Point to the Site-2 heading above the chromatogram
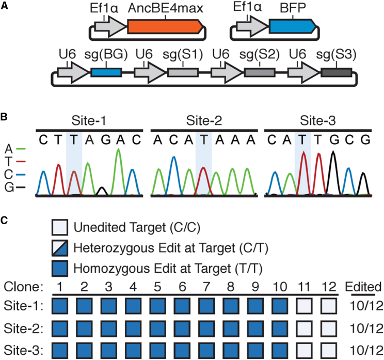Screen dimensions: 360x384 point(204,120)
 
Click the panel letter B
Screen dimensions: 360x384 point(4,117)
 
